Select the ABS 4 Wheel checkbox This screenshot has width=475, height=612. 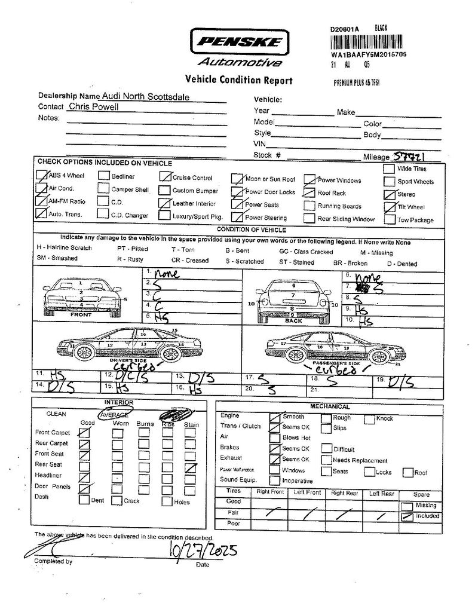(42, 176)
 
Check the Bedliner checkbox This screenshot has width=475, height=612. (104, 176)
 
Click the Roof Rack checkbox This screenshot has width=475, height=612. (308, 192)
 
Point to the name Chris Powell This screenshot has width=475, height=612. (93, 107)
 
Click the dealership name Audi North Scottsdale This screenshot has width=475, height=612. (148, 96)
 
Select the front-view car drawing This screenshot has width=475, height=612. (81, 296)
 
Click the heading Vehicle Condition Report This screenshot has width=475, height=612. (239, 79)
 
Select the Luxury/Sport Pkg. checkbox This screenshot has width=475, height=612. (164, 216)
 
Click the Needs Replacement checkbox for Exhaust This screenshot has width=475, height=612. (326, 460)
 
